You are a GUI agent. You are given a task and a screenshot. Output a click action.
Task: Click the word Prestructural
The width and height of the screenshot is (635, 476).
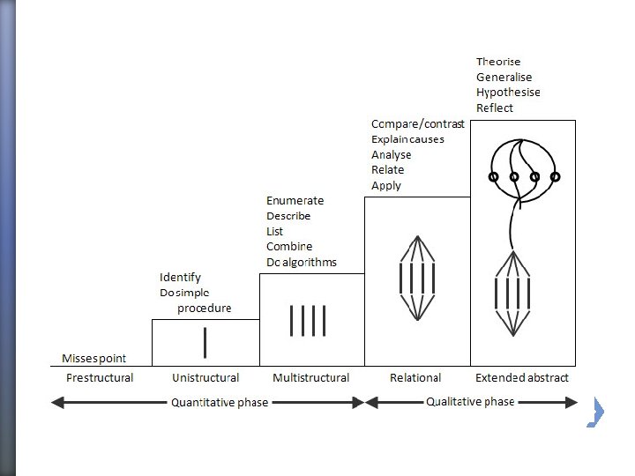(100, 378)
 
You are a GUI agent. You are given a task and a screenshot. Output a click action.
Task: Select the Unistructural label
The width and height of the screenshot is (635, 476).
(205, 378)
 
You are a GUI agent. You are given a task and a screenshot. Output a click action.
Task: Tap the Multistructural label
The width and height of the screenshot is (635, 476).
(310, 378)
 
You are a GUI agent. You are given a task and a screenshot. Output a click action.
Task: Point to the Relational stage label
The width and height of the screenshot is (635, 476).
(415, 378)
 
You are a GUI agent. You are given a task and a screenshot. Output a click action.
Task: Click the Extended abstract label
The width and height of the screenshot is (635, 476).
(522, 378)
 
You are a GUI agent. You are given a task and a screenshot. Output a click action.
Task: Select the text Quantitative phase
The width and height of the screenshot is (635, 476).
(220, 403)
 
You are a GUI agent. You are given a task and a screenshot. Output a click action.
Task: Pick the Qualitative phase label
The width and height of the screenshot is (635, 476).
(470, 402)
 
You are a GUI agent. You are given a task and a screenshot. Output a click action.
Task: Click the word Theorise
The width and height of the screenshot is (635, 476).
(498, 62)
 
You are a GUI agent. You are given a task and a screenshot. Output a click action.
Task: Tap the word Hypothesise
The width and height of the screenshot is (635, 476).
(508, 93)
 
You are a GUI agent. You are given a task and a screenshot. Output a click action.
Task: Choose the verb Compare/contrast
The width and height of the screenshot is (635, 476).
(417, 124)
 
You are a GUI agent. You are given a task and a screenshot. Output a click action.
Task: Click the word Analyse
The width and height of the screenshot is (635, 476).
(391, 155)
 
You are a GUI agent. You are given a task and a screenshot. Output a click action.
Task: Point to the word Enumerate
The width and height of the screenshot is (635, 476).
(295, 201)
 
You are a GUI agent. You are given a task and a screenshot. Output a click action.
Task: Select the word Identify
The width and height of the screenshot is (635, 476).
(180, 278)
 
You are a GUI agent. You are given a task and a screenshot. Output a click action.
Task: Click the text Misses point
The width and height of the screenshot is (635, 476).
(94, 359)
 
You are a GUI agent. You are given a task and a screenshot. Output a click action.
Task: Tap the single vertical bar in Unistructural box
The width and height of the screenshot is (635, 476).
(205, 342)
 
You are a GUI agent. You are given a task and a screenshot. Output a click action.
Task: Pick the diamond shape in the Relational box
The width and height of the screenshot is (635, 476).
(417, 278)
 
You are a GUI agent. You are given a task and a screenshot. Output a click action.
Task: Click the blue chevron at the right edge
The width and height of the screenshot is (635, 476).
(596, 412)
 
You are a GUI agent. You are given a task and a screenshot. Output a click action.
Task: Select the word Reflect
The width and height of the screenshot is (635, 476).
(494, 108)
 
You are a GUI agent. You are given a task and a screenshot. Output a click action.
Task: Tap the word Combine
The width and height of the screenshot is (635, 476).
(289, 247)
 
